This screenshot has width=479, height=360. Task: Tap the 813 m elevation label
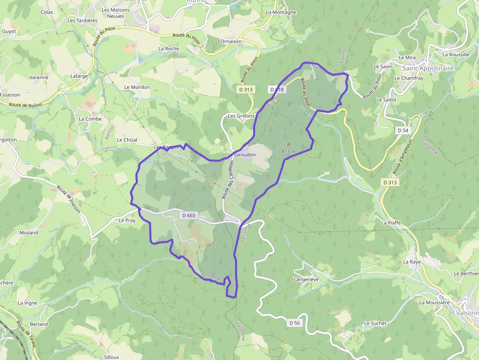tap(289, 151)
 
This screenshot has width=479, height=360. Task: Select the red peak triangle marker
tap(288, 144)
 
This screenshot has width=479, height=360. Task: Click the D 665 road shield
tap(188, 215)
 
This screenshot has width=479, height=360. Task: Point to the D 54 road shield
tap(402, 130)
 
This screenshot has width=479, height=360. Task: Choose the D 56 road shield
tap(294, 323)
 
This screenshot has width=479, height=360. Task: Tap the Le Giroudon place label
tap(239, 155)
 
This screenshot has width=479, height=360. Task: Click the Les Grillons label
tap(241, 116)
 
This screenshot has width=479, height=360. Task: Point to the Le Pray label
tap(127, 220)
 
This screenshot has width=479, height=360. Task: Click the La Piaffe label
tap(391, 223)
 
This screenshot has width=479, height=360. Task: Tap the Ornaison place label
tap(231, 42)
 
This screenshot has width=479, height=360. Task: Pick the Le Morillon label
tap(137, 87)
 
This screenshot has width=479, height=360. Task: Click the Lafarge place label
tap(79, 76)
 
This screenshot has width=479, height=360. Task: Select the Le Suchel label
tap(375, 323)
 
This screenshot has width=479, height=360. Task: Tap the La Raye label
tap(412, 262)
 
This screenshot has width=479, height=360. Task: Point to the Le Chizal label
tap(127, 140)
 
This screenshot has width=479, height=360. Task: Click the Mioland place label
tap(29, 233)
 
